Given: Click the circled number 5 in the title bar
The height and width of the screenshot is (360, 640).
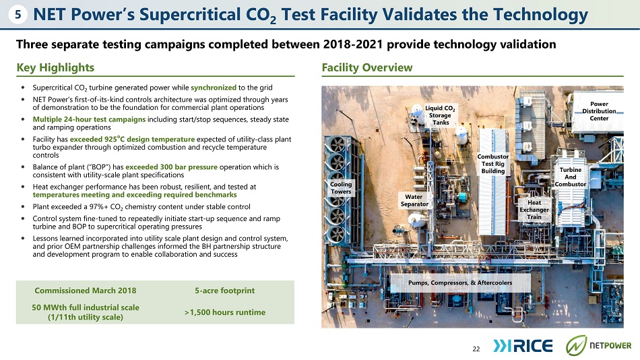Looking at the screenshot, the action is pos(18,15).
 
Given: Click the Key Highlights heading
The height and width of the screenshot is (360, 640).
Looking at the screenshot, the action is pos(55,67).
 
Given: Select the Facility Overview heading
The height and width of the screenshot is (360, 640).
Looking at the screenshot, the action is pos(367,67).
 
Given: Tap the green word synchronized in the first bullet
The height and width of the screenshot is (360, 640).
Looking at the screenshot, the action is pos(214,88).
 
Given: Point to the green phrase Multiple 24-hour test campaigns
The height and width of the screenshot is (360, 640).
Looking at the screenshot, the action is pos(89,119).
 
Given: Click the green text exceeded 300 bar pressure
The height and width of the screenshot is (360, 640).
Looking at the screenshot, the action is pos(171,167).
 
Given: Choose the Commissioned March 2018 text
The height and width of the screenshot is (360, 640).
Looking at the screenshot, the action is pos(86,291).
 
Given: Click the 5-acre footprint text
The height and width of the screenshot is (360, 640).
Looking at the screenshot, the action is pos(224,291).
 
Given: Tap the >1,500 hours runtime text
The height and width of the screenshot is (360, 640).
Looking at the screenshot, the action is pos(225,312).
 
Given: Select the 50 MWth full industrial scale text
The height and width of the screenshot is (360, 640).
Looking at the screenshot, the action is pos(86,307).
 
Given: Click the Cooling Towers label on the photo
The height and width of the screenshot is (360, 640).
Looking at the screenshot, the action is pos(341,188).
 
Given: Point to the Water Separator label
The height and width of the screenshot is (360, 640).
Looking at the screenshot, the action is pos(414,200).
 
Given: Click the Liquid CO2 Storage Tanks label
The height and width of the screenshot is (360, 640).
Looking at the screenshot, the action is pos(440,115).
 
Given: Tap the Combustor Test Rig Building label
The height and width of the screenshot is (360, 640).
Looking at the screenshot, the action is pos(493,164).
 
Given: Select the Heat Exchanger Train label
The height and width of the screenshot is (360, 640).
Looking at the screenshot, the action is pos(534,210).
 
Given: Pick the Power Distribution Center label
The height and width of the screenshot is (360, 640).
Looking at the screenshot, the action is pos(599,111).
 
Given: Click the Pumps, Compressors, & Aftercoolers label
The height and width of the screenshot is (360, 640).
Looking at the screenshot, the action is pos(460,282).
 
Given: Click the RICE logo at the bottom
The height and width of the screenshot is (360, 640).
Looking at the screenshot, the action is pos(523,346).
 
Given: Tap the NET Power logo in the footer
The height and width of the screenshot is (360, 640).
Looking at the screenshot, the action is pos(598,345).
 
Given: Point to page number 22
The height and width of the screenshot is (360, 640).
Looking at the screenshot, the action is pos(476,349).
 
